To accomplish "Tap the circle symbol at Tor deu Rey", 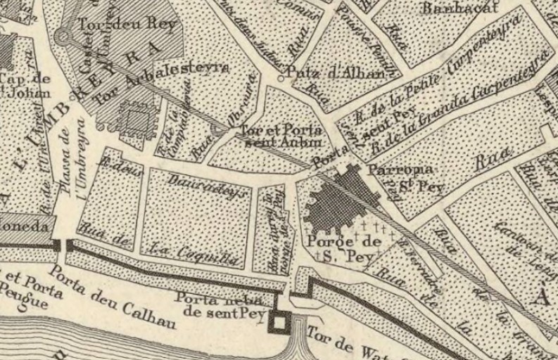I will (x=63, y=36).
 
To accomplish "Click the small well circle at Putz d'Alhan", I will (x=281, y=78).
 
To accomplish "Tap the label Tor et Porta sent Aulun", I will (x=281, y=136).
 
